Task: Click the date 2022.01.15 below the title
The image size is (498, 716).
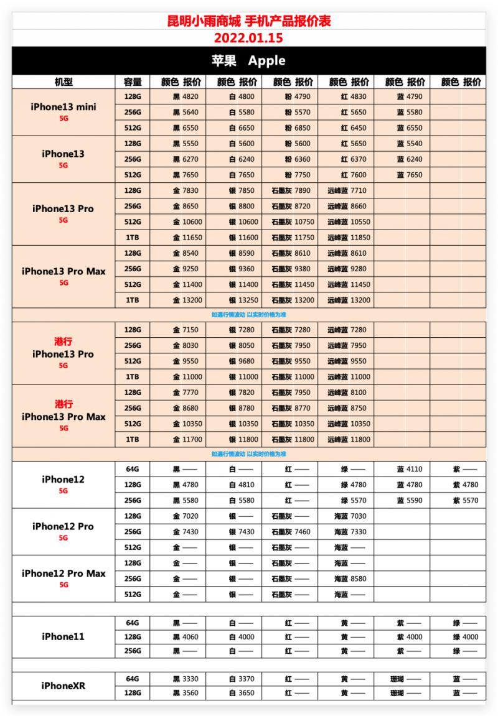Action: tap(248, 38)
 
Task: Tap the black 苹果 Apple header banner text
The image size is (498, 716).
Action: tap(248, 61)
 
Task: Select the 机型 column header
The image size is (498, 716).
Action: tap(63, 82)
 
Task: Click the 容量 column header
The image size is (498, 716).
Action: tap(132, 82)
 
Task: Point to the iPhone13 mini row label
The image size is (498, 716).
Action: tap(63, 107)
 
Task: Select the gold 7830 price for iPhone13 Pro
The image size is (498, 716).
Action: tap(188, 190)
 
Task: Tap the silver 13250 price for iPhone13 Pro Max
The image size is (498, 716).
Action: tap(244, 300)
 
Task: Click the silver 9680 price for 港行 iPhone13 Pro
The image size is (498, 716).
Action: tap(244, 361)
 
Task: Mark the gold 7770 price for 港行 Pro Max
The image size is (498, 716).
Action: tap(188, 393)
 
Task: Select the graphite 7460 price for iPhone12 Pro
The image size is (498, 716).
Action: tap(300, 532)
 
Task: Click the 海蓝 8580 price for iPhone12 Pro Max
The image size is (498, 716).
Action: tap(356, 579)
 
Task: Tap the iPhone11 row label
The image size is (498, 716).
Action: tap(63, 636)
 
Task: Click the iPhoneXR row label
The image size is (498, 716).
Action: tap(63, 686)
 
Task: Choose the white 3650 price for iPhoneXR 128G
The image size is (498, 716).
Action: tap(244, 693)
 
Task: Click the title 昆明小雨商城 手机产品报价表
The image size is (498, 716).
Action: tap(249, 21)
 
